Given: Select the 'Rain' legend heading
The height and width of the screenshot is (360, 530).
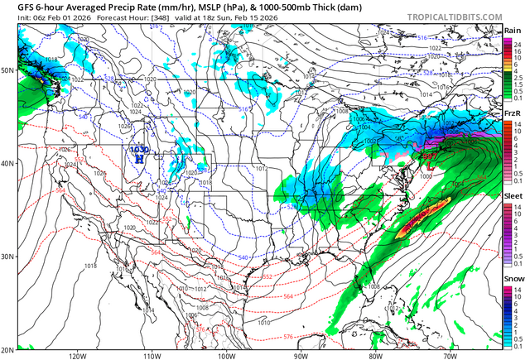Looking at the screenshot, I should pos(513,31).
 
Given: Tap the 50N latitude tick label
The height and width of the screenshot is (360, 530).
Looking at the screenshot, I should pos(8,70).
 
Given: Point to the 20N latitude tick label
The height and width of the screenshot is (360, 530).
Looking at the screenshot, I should pos(8,349).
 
